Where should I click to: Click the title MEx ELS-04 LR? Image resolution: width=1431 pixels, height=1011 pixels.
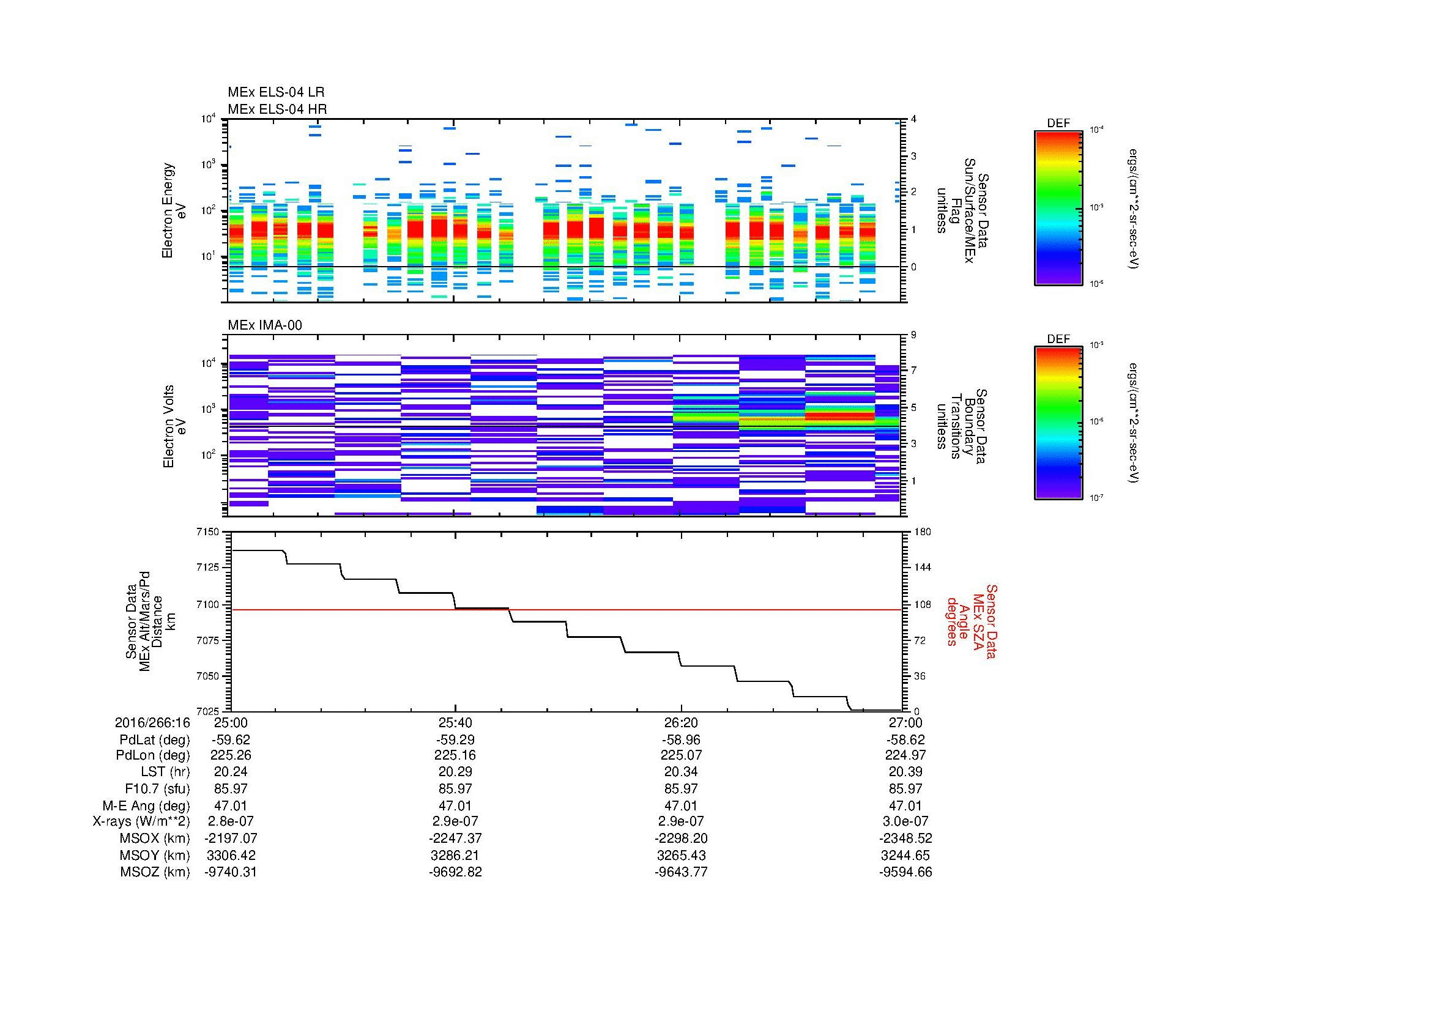pos(275,92)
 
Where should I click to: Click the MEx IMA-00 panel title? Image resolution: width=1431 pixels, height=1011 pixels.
pos(264,325)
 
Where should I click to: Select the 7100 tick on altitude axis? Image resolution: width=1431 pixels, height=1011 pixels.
pos(209,604)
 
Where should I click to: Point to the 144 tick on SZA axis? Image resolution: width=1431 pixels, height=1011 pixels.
pos(922,568)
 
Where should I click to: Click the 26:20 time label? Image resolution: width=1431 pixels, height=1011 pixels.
pos(681,722)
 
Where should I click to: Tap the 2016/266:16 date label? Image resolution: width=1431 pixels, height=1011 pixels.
pos(152,722)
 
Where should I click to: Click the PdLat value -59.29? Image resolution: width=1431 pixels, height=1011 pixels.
pos(455,740)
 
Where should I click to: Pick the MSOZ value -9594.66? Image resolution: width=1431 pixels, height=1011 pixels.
pos(905,872)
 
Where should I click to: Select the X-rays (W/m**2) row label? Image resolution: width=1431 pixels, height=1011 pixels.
pos(141,821)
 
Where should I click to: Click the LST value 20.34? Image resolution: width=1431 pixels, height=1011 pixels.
pos(681,772)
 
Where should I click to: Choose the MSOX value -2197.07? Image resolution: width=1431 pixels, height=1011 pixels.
pos(231,839)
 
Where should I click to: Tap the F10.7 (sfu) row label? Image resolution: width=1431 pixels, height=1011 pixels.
pos(157,788)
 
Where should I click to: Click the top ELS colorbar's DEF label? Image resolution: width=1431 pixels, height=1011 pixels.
pos(1058,124)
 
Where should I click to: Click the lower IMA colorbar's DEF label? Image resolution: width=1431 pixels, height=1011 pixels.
pos(1058,339)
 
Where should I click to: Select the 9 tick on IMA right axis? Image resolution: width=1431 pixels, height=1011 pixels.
pos(913,335)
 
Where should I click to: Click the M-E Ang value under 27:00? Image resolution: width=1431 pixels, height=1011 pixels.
pos(905,805)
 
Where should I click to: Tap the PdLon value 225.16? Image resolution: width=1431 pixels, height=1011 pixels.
pos(455,755)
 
